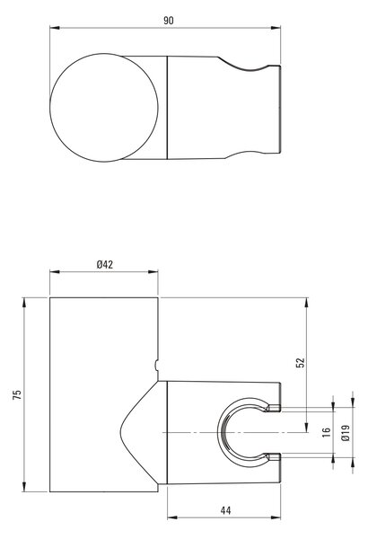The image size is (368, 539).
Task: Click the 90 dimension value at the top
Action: pos(169,21)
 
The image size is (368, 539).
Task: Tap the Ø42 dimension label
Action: pos(105,264)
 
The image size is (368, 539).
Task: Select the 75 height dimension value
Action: pos(17,394)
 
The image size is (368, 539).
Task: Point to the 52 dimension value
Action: pos(301,363)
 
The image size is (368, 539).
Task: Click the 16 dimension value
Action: pos(327,432)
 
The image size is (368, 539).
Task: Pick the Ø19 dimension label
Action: pos(346,433)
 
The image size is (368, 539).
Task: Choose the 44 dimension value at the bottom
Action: pos(225,510)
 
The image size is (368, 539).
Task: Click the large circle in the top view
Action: pos(50,108)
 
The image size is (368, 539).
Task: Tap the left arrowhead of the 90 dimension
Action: pos(55,28)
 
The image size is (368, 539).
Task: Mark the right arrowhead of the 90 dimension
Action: pos(276,28)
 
